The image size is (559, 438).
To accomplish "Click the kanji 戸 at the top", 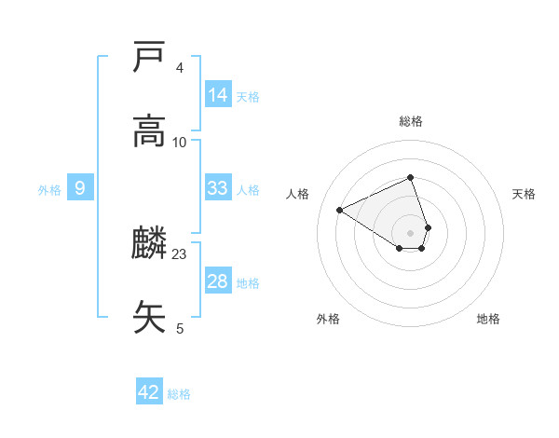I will [150, 58].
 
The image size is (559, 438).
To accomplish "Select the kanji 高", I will [150, 130].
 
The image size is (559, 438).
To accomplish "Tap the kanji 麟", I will [150, 244].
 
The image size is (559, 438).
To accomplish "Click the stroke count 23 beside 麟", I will [180, 254].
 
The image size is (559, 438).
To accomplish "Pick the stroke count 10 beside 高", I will [180, 142].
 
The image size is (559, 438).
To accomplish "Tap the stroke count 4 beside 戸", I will [179, 68].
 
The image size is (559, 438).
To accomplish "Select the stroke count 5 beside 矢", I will [179, 328].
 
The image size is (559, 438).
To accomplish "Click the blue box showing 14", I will [218, 95].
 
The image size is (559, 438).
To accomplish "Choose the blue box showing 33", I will [218, 188].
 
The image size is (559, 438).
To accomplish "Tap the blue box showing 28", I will [218, 281].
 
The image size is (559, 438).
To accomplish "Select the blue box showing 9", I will [80, 188].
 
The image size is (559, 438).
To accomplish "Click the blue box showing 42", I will [149, 392].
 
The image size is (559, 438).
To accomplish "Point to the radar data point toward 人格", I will [340, 210].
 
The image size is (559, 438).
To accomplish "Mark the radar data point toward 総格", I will [410, 177].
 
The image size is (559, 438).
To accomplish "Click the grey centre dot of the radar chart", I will [410, 232].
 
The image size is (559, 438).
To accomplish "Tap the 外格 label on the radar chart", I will [328, 319].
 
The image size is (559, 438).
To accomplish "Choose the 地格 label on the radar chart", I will [488, 319].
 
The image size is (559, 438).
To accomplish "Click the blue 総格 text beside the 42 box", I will [179, 394].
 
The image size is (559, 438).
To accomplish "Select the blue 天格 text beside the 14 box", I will [248, 97].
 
